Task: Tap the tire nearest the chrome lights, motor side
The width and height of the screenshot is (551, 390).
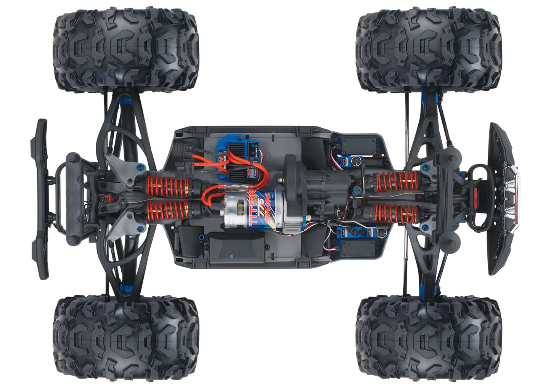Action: (x=429, y=337)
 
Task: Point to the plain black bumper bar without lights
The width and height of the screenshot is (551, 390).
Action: (x=40, y=198)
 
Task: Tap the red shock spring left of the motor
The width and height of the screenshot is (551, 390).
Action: (x=168, y=210)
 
